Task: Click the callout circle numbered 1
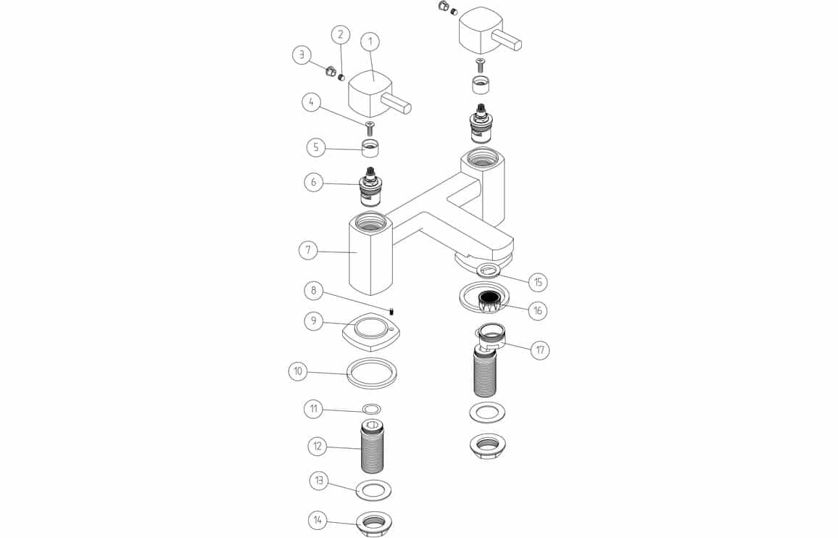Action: point(370,42)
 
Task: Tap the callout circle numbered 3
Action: point(302,54)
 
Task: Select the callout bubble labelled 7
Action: point(308,250)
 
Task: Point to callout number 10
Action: point(298,372)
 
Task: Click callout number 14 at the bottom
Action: point(317,519)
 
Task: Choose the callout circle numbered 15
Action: point(537,281)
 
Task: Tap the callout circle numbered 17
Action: point(539,350)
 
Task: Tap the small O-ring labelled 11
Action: point(371,410)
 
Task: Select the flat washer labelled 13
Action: point(373,489)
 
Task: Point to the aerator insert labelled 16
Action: point(492,297)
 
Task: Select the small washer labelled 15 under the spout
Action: point(489,270)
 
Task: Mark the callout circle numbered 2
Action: point(341,34)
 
